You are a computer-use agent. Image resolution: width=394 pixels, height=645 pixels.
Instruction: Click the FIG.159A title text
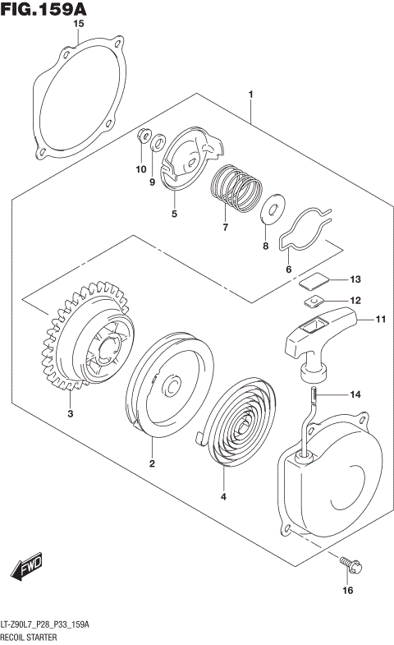coord(45,10)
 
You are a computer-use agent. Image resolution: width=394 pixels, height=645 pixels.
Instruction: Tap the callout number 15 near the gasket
coord(79,25)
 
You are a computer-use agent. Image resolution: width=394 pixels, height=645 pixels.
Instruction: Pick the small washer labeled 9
coord(157,145)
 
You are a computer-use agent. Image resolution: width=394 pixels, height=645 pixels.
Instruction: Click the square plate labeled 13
coord(309,280)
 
